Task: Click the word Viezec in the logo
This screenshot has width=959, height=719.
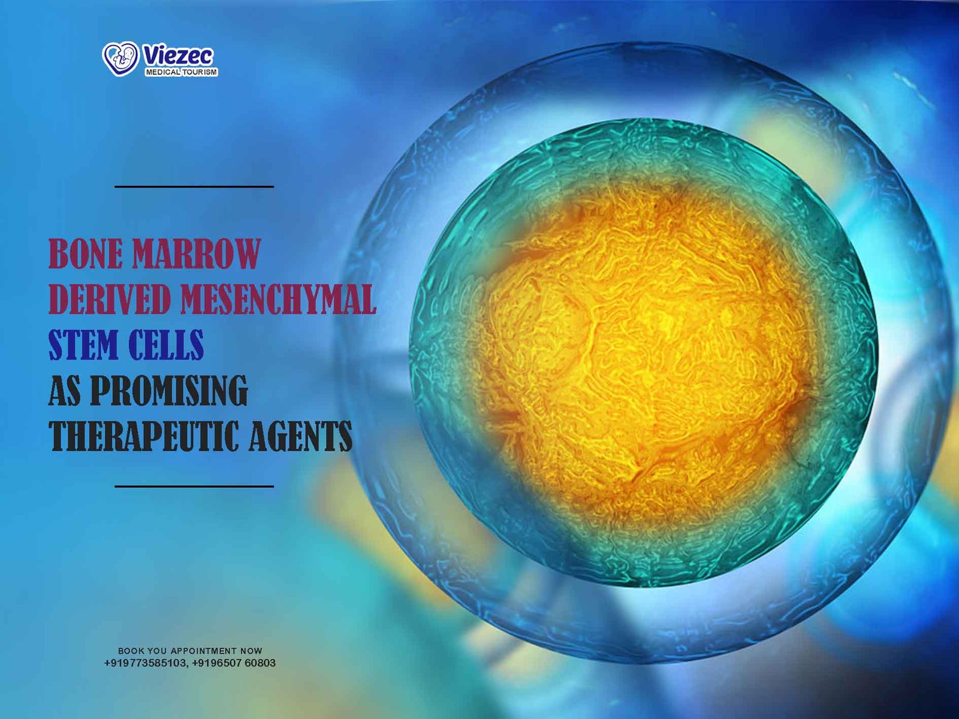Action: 178,56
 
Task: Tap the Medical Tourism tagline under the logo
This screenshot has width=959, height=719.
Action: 182,72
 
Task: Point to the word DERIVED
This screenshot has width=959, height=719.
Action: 109,300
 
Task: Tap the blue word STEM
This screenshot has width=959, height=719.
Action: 83,345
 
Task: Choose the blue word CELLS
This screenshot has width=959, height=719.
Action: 165,345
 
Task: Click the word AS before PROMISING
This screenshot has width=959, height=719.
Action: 65,390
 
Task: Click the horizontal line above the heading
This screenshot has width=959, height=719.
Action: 194,187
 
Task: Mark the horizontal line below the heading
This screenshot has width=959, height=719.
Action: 194,486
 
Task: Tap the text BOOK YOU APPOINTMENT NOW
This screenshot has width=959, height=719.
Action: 190,651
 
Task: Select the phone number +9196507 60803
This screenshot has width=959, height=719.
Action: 234,663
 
